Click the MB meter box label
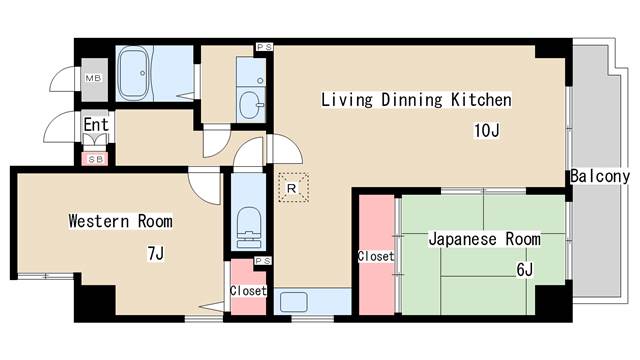(x=93, y=78)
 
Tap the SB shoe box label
(x=96, y=160)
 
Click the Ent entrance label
(x=96, y=124)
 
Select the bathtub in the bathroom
(x=133, y=73)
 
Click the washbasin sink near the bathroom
(x=251, y=104)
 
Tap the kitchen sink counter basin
(x=294, y=302)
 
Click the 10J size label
(x=487, y=131)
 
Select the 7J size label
(x=156, y=253)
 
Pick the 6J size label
(x=524, y=270)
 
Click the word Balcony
(x=600, y=176)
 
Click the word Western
(x=98, y=221)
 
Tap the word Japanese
(x=462, y=239)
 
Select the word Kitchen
(x=481, y=100)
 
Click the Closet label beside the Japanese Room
(x=376, y=256)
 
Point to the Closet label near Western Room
(x=248, y=291)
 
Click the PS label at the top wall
(x=264, y=47)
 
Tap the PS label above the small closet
(x=262, y=261)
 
